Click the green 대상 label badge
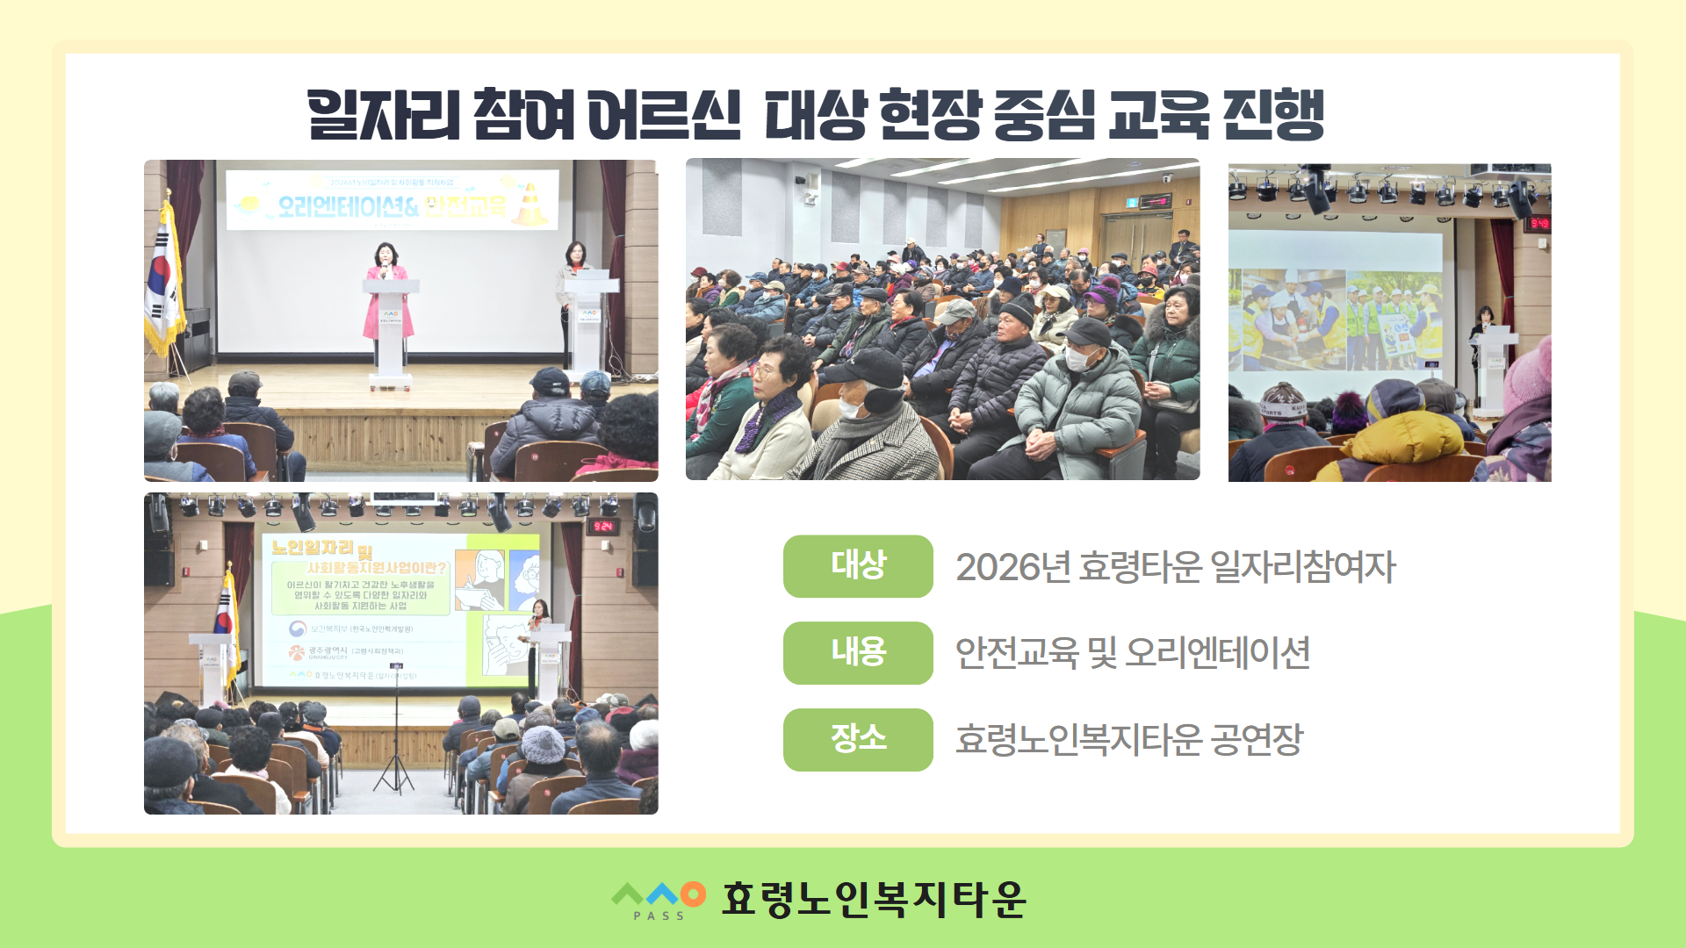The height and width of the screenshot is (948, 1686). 857,566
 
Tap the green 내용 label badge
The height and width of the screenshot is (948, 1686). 857,652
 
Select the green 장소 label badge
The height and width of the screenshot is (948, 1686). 857,739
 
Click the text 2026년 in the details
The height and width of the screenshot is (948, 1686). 1012,567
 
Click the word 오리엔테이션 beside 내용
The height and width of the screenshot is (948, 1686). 1218,653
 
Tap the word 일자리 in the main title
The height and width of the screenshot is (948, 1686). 384,115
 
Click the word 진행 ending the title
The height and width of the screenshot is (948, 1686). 1273,115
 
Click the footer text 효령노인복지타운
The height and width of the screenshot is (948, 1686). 874,899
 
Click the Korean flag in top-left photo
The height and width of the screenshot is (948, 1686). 164,281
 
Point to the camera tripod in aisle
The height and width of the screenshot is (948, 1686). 394,746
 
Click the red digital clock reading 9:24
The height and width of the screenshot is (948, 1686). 603,527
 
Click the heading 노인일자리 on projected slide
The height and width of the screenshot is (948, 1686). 313,548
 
